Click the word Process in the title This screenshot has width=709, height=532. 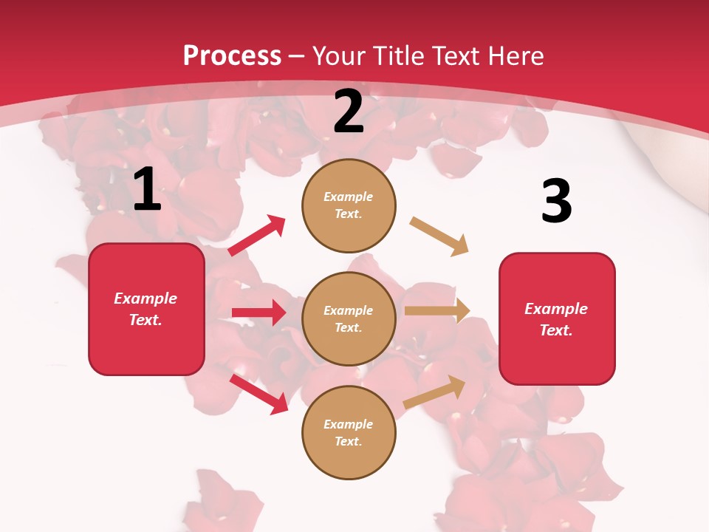coord(232,55)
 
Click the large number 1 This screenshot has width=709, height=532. coord(147,190)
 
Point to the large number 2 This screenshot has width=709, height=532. coord(349,112)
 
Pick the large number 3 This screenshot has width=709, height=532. coord(556,201)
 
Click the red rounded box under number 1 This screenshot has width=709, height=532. coord(146,309)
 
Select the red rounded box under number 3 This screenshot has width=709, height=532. coord(557,318)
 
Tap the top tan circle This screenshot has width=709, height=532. coord(349,205)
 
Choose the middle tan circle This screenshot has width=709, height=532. coord(349,318)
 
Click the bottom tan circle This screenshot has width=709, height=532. coord(349,432)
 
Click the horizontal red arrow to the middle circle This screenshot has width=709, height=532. coord(258,313)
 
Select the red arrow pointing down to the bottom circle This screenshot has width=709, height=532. coord(258,393)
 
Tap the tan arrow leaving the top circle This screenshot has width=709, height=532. coord(439,236)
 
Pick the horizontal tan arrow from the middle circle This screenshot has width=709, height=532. coord(436,311)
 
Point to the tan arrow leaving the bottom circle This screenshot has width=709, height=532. coord(434,392)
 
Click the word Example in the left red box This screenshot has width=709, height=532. coord(145,299)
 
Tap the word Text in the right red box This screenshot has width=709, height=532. coord(555,330)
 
